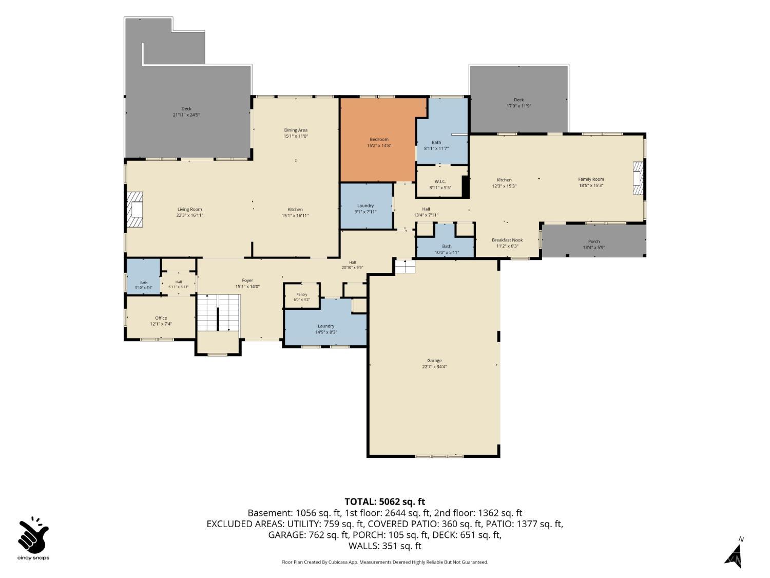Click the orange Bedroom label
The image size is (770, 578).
tap(379, 139)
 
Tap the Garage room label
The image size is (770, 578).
tap(434, 361)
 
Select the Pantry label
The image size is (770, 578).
tap(302, 294)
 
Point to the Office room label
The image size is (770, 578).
tap(161, 318)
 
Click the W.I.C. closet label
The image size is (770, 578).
tap(440, 181)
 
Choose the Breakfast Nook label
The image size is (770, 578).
tap(507, 240)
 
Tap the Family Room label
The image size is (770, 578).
tap(591, 179)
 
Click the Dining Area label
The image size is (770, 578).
tap(296, 130)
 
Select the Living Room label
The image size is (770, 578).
tap(189, 210)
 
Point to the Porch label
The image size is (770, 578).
tap(594, 241)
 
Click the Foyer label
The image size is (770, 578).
tap(247, 281)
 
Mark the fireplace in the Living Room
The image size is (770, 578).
tap(134, 209)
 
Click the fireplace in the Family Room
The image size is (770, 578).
tap(638, 178)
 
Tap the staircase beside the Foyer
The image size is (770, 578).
tap(218, 313)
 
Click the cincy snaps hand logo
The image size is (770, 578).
tap(33, 535)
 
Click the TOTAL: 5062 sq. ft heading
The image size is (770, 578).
tap(385, 501)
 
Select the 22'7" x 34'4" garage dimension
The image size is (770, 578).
tap(434, 367)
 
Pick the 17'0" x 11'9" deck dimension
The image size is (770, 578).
tap(518, 106)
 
